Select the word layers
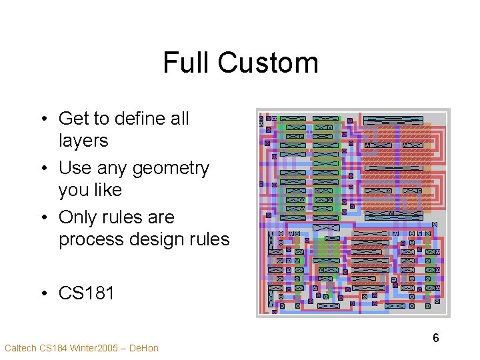point(83,141)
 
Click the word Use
point(75,168)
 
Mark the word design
point(157,239)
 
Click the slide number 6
point(436,338)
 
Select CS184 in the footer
point(53,348)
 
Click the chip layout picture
point(353,212)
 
